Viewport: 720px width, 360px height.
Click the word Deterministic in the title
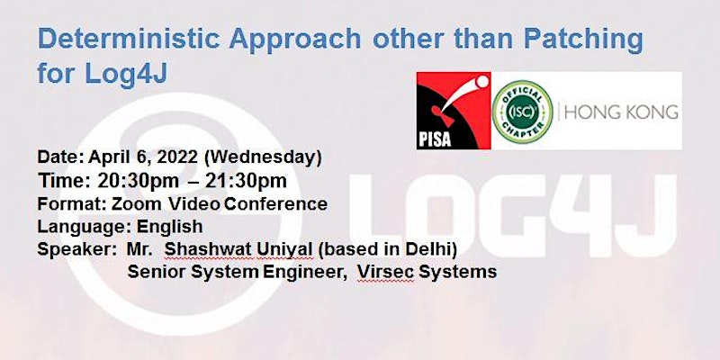(x=129, y=39)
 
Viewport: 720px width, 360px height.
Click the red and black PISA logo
(x=454, y=111)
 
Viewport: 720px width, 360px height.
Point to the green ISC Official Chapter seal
(x=522, y=111)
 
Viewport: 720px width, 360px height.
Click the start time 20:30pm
(x=139, y=181)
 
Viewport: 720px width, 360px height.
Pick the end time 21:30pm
(x=246, y=181)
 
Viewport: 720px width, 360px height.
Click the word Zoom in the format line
(x=137, y=203)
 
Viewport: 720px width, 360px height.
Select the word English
(x=169, y=227)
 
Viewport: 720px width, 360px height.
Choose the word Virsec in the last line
(x=386, y=272)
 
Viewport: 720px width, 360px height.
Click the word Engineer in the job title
(x=304, y=273)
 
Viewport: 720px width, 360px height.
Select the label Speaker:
(x=76, y=249)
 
